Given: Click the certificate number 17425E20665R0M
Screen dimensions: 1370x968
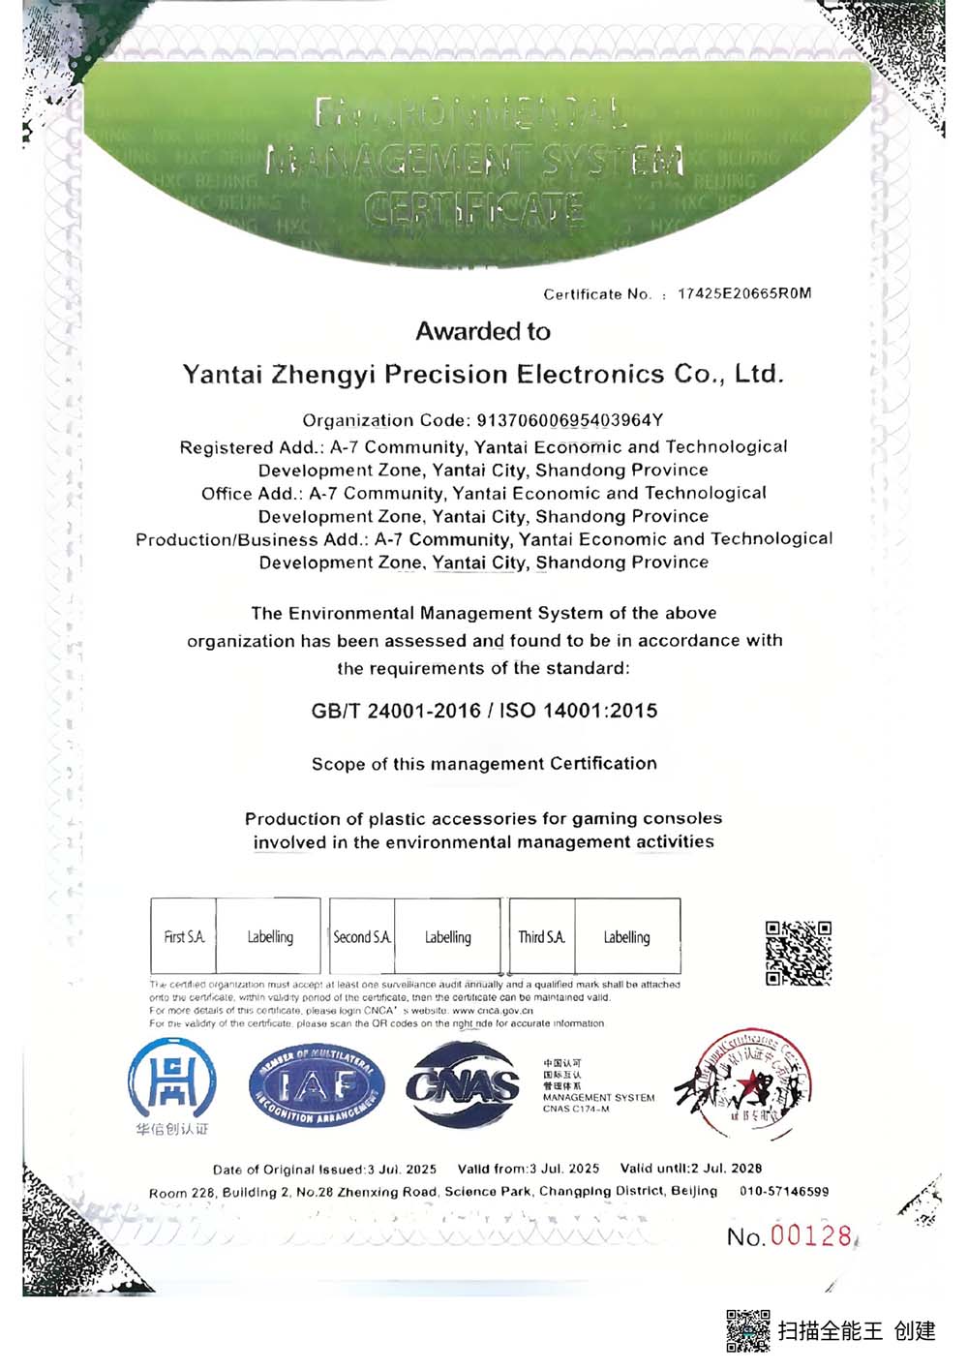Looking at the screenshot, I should [x=743, y=293].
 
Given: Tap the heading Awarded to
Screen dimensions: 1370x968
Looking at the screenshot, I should [x=483, y=332].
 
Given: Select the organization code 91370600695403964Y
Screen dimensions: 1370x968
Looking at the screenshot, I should [x=569, y=420].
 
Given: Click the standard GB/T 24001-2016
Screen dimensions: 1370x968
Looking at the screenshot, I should [x=396, y=711].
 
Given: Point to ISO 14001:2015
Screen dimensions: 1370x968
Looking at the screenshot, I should [x=578, y=711].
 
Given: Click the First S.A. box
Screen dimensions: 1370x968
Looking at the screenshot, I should [x=184, y=936].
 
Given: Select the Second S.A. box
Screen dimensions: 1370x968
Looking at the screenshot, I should [x=362, y=936].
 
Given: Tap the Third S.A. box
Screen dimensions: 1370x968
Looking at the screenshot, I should [x=541, y=936].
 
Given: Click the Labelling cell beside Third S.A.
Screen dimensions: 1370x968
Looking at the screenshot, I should [x=626, y=936].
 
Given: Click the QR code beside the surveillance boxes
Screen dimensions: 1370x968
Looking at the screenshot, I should [x=798, y=953].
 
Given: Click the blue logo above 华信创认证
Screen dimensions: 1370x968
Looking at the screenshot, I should [x=171, y=1080].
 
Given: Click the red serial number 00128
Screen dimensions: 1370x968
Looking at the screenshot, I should [x=811, y=1235].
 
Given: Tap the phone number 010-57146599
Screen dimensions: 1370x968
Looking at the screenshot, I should [x=784, y=1192].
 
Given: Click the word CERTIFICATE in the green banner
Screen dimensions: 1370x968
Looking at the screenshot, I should [x=473, y=208].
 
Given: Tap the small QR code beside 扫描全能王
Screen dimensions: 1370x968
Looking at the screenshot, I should [x=747, y=1331].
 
